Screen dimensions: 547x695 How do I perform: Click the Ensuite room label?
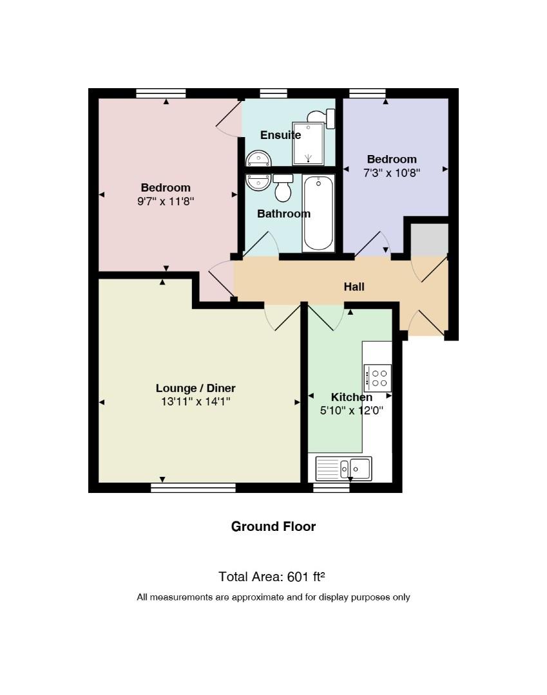(280, 134)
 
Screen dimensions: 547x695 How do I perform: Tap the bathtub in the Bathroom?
(318, 213)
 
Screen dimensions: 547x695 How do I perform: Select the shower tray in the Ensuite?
(309, 143)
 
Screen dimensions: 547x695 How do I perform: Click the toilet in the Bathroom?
(283, 187)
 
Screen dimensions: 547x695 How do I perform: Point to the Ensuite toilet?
(321, 118)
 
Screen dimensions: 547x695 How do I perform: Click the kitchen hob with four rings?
(378, 378)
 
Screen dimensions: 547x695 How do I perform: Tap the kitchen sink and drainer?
(343, 468)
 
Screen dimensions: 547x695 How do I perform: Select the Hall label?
(354, 287)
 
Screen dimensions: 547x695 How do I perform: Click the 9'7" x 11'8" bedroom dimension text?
(166, 201)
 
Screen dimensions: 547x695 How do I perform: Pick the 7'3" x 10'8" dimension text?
(392, 173)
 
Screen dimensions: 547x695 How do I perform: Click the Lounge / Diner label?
(195, 388)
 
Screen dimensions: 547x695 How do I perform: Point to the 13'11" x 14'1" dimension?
(195, 402)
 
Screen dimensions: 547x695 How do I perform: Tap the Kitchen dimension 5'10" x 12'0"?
(351, 411)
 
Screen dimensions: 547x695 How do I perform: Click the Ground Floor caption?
(273, 526)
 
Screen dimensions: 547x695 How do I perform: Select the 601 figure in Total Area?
(298, 577)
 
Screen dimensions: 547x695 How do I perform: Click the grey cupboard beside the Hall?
(429, 240)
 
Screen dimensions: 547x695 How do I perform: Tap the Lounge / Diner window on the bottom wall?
(193, 488)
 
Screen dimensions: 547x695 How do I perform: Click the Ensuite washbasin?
(258, 158)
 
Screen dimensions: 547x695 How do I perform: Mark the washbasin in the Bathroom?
(258, 181)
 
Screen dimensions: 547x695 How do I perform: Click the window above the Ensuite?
(273, 93)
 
